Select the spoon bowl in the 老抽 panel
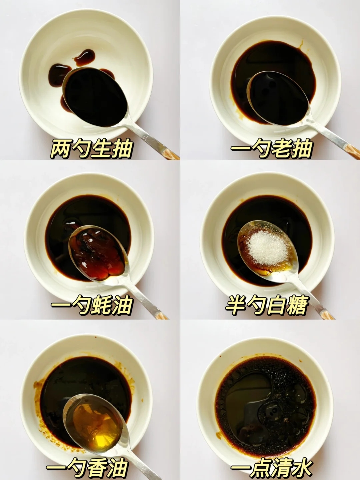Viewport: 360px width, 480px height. point(279,98)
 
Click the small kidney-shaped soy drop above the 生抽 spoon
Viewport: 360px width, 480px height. point(84,57)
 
